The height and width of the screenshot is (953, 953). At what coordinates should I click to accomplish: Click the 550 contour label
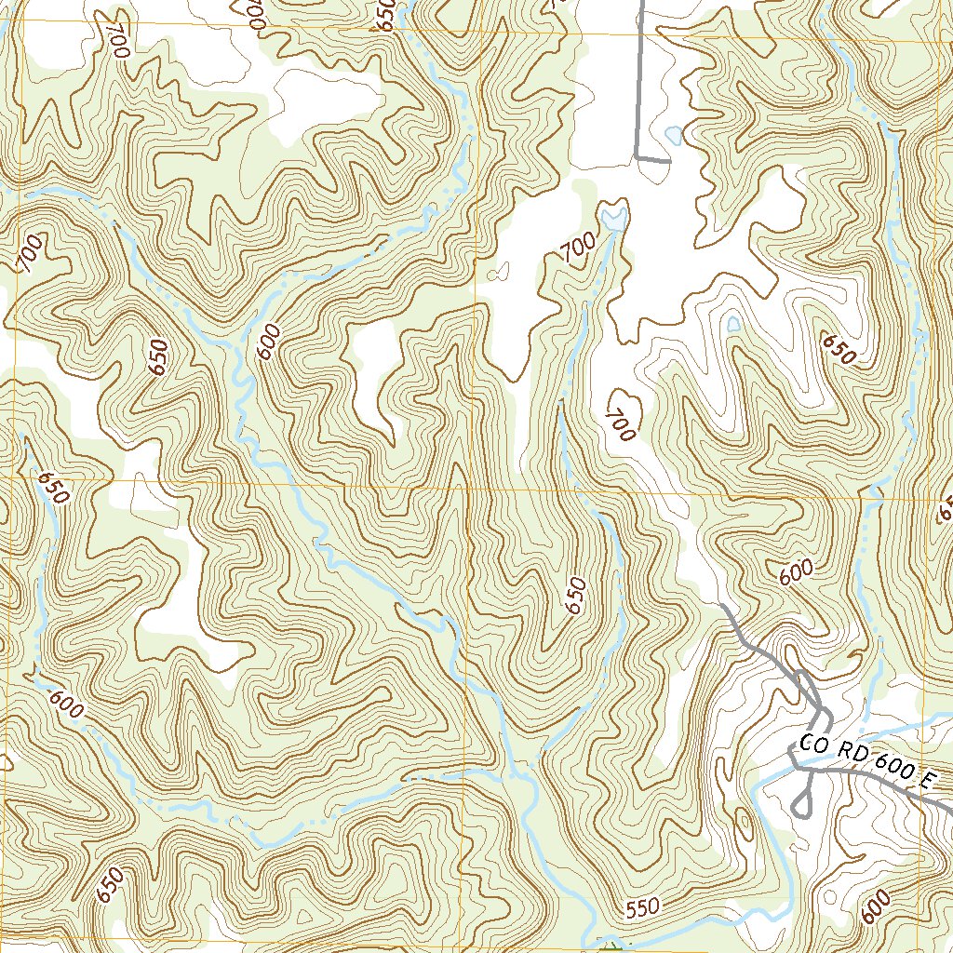click(x=641, y=906)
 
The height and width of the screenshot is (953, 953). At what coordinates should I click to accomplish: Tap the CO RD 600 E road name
click(x=865, y=763)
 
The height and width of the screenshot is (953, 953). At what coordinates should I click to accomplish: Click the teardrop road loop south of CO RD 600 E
click(x=803, y=801)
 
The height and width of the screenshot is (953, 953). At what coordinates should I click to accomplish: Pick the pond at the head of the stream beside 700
click(x=613, y=218)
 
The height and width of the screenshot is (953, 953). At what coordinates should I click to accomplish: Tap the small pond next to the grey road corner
click(x=673, y=136)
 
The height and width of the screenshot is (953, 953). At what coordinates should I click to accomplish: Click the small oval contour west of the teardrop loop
click(x=744, y=822)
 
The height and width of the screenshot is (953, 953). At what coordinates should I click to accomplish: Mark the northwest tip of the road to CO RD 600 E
click(x=723, y=606)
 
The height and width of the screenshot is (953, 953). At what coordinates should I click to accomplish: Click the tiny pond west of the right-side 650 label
click(x=734, y=323)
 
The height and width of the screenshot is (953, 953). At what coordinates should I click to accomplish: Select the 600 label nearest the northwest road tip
click(x=797, y=572)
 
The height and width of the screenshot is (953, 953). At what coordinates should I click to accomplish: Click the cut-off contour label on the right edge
click(x=945, y=508)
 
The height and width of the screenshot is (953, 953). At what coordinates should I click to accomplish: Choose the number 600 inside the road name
click(x=884, y=769)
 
